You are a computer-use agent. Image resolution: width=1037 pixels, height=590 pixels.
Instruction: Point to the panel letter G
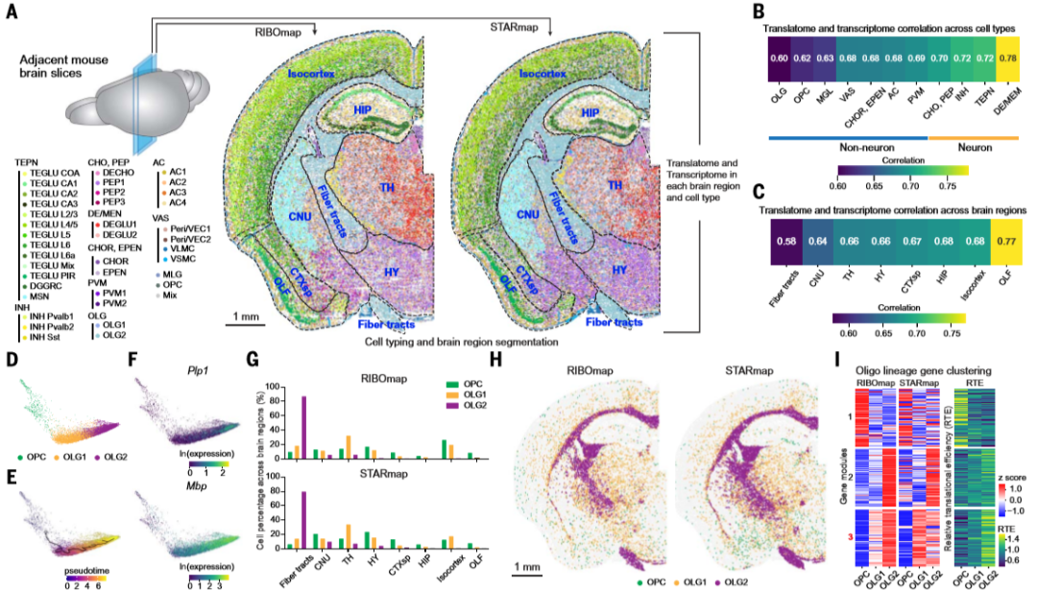[x=253, y=362]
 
